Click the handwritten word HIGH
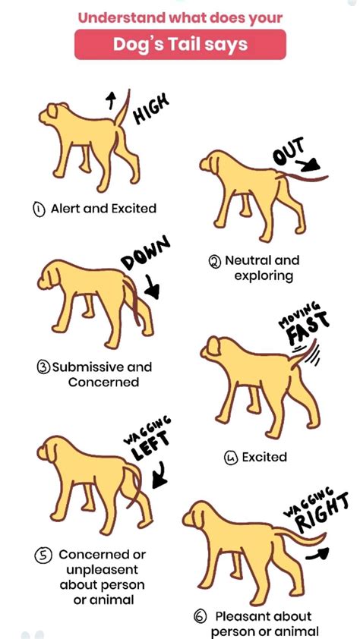click(x=151, y=109)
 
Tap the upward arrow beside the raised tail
click(x=110, y=100)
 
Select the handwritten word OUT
click(x=289, y=151)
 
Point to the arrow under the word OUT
click(x=308, y=165)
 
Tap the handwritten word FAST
click(x=307, y=329)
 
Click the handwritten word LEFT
click(x=150, y=445)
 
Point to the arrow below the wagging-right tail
click(x=317, y=553)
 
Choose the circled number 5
click(x=43, y=555)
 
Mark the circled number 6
click(x=200, y=616)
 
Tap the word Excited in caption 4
click(x=264, y=458)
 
